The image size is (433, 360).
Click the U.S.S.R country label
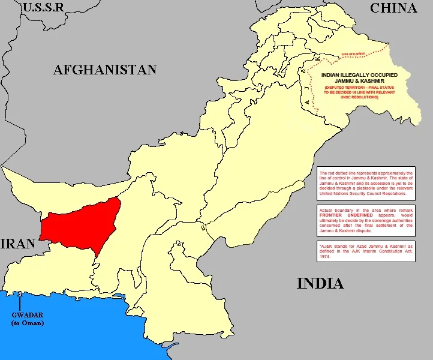tap(43, 8)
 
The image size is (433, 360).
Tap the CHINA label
tap(393, 8)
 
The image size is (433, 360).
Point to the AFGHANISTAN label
tap(105, 70)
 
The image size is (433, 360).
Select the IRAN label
tap(18, 244)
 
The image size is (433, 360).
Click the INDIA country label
tap(320, 283)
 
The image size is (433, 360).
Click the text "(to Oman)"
tap(28, 323)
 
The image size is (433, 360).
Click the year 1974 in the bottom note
tap(327, 256)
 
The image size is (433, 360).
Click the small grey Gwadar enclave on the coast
tap(20, 293)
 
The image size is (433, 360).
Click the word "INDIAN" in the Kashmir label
tap(333, 74)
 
